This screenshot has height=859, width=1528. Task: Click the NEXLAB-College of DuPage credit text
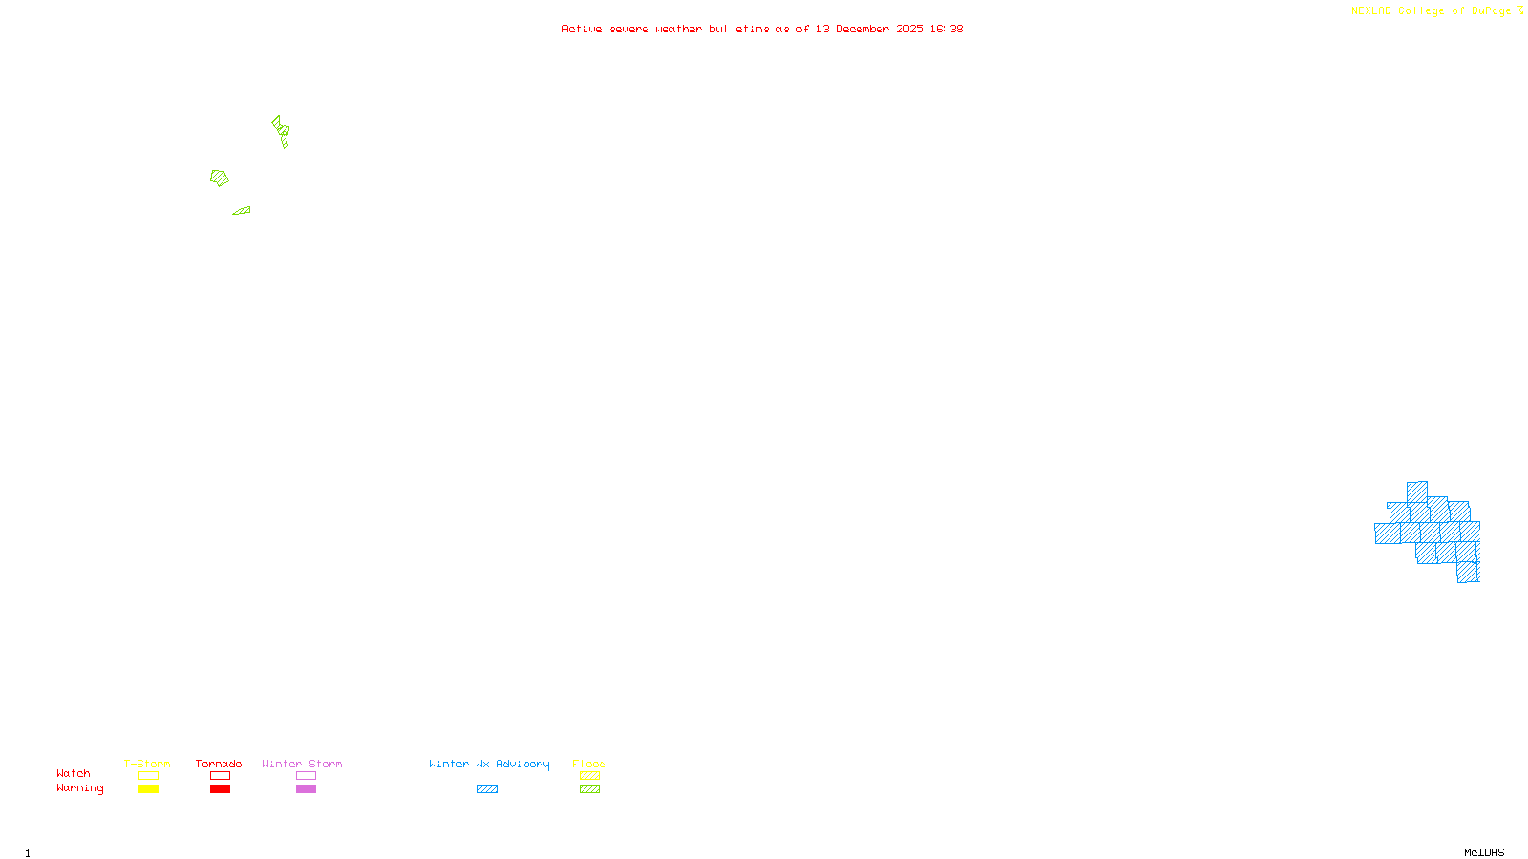tap(1431, 11)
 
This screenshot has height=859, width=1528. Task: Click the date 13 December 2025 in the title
tap(869, 30)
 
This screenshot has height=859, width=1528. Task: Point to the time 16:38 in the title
tap(946, 30)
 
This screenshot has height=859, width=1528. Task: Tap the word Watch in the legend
tap(74, 774)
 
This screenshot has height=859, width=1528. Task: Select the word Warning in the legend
tap(79, 788)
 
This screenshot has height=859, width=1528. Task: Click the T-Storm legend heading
tap(147, 764)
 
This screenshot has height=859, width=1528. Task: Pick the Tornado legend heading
tap(219, 764)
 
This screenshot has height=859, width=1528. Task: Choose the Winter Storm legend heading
tap(302, 764)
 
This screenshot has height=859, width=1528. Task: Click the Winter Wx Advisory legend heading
tap(489, 764)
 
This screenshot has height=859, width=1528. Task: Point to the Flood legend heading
tap(589, 764)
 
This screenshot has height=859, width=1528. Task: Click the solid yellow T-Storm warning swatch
tap(148, 789)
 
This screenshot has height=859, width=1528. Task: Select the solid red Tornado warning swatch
tap(221, 789)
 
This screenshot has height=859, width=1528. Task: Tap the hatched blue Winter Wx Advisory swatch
tap(488, 789)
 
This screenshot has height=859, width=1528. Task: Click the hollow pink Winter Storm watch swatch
tap(307, 776)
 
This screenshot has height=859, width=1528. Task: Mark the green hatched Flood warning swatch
tap(590, 789)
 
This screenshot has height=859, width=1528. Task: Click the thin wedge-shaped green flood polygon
tap(243, 211)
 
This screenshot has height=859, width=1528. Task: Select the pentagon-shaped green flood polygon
tap(220, 178)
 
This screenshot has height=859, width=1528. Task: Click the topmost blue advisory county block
tap(1417, 492)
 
